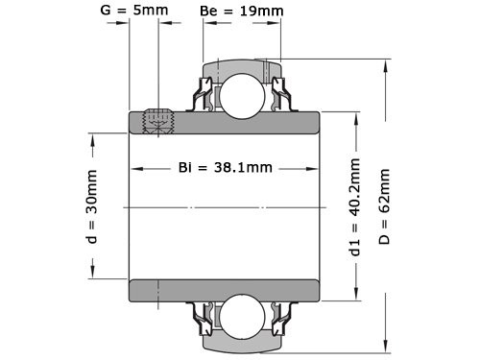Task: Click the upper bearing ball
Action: pos(240,93)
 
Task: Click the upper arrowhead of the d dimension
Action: pos(93,139)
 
